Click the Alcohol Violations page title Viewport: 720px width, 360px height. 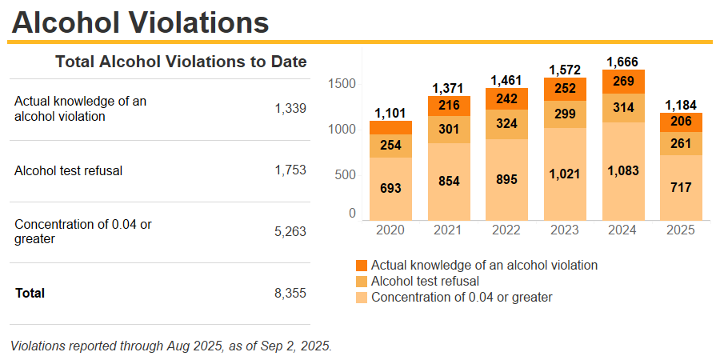pos(140,22)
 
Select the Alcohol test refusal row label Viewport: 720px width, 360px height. pos(68,170)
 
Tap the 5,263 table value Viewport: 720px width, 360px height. pos(290,232)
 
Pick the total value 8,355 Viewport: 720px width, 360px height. pos(290,293)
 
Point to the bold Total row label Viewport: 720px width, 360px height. pos(30,293)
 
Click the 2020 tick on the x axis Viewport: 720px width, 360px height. pos(390,230)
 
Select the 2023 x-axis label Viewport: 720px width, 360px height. pos(565,230)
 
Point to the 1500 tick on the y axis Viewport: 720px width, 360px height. pos(342,84)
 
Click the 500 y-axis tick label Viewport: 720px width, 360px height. pos(346,174)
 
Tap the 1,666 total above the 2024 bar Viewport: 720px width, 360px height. pos(623,62)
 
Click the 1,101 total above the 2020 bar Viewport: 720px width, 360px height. pos(390,113)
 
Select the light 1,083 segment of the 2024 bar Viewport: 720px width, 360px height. pos(623,170)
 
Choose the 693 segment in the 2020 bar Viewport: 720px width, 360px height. pos(390,189)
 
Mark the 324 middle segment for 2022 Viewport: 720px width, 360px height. pos(506,124)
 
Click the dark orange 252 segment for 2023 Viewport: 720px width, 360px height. pos(565,89)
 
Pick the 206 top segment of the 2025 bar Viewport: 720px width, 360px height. pos(681,122)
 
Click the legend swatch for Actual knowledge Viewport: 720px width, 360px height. pos(361,265)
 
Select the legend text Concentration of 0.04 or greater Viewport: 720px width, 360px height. pos(462,298)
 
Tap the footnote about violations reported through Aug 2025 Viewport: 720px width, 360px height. pos(171,346)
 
